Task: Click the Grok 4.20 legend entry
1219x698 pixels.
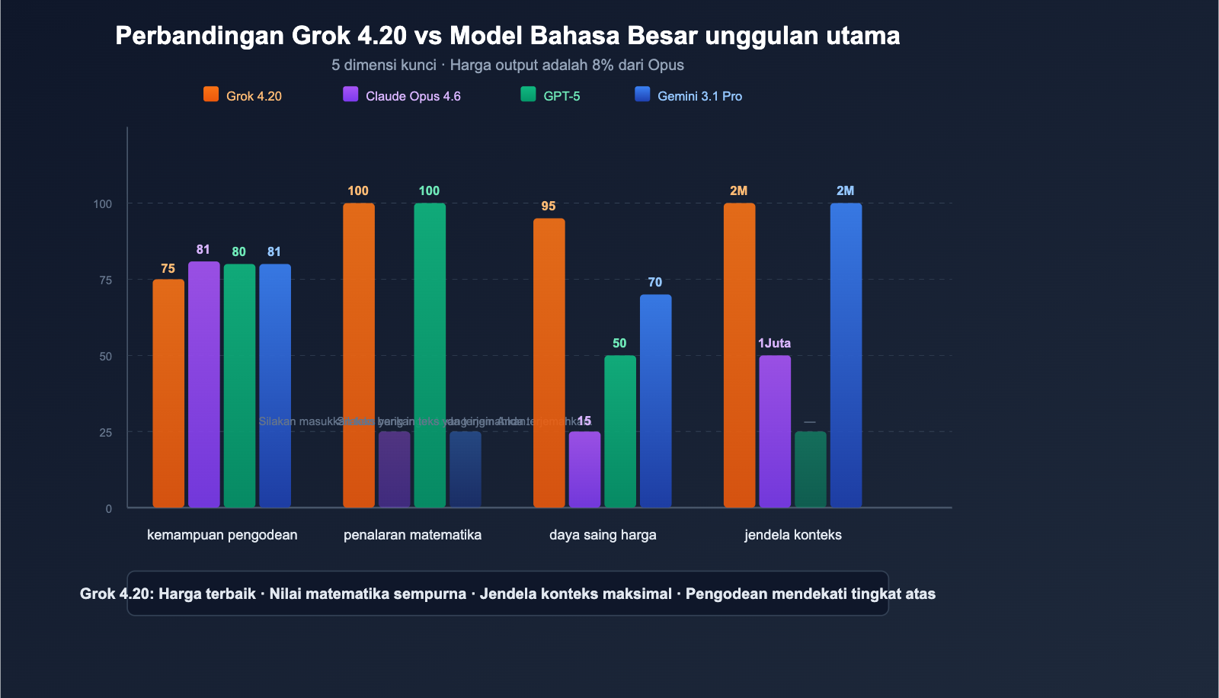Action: [x=243, y=95]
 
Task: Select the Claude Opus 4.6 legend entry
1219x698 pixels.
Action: [x=402, y=95]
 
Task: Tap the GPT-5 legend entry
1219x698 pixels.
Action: [x=551, y=95]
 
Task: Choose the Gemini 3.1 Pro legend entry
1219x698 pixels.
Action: [x=689, y=95]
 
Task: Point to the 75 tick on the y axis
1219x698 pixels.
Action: [x=105, y=280]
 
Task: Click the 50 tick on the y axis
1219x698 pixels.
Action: [x=105, y=356]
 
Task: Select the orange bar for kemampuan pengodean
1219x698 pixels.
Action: [x=168, y=393]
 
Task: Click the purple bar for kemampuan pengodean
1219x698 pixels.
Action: [x=203, y=384]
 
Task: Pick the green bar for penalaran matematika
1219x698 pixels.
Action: [x=430, y=355]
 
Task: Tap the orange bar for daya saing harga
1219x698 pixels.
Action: [x=549, y=363]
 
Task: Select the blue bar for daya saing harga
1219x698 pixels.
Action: [x=656, y=401]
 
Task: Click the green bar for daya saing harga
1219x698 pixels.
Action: [x=620, y=431]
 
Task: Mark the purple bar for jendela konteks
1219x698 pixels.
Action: [x=775, y=431]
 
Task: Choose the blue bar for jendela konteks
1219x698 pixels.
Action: [x=846, y=355]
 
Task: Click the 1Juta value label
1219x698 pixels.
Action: [x=774, y=343]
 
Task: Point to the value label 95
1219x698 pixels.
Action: [x=549, y=206]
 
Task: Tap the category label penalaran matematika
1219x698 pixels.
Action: [x=412, y=534]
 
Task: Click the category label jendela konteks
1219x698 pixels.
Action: [x=793, y=534]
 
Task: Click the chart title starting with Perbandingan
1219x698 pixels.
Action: [x=507, y=35]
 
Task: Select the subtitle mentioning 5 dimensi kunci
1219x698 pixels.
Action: [x=507, y=65]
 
